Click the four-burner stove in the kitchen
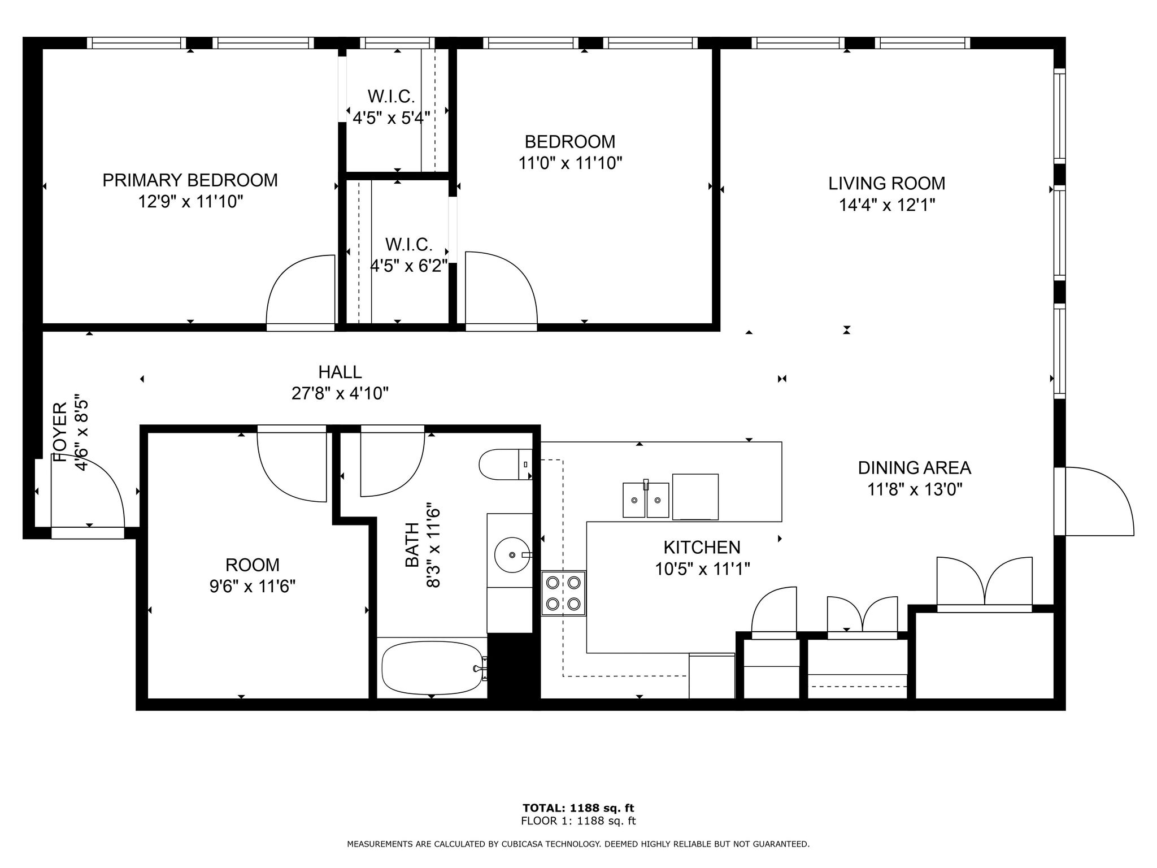click(563, 593)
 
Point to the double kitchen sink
click(646, 500)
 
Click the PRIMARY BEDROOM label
click(190, 180)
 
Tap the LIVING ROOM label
click(886, 183)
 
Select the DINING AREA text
click(915, 467)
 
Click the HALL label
click(340, 372)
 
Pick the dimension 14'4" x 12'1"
click(887, 205)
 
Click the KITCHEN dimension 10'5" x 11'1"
click(702, 568)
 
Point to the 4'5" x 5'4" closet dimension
click(391, 118)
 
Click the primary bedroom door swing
click(301, 289)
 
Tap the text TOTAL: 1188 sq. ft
click(578, 808)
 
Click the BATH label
click(412, 545)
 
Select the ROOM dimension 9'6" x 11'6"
click(253, 587)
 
